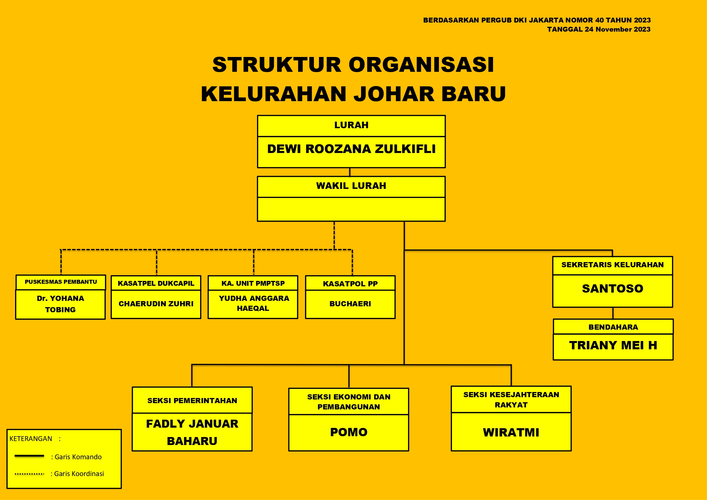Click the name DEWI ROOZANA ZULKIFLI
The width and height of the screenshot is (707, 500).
click(x=351, y=149)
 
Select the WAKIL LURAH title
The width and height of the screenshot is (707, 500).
click(x=351, y=186)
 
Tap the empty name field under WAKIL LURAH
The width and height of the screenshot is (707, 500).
click(x=351, y=209)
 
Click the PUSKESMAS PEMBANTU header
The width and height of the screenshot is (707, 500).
click(x=61, y=282)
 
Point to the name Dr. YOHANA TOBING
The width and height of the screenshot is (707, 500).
click(x=60, y=304)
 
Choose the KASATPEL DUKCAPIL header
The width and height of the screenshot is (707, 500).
click(x=156, y=283)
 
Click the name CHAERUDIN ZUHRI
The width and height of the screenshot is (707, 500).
click(x=156, y=304)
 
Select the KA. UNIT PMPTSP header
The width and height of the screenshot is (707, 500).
click(x=253, y=283)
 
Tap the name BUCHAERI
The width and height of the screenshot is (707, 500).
click(x=351, y=304)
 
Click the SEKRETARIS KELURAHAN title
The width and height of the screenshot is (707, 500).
click(x=612, y=265)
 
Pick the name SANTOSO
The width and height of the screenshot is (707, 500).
click(x=613, y=289)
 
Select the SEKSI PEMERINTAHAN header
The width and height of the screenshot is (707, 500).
click(x=192, y=401)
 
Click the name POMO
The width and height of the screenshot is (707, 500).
click(x=349, y=432)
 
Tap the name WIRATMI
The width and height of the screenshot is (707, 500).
click(x=511, y=432)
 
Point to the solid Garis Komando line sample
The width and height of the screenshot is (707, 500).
click(x=29, y=456)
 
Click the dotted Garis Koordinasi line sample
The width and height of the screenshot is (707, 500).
click(x=29, y=474)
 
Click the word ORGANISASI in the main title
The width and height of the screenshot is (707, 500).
click(x=421, y=65)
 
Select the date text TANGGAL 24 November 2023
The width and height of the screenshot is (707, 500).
click(x=599, y=30)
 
